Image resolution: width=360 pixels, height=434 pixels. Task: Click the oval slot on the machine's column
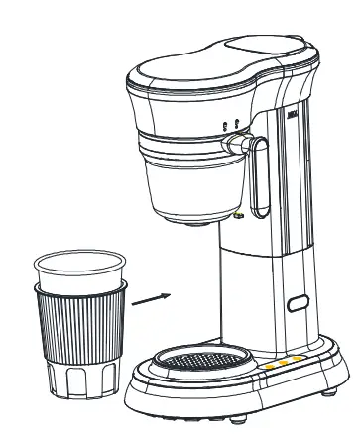coord(296,306)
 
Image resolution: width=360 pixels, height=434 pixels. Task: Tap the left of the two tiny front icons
coord(225,124)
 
